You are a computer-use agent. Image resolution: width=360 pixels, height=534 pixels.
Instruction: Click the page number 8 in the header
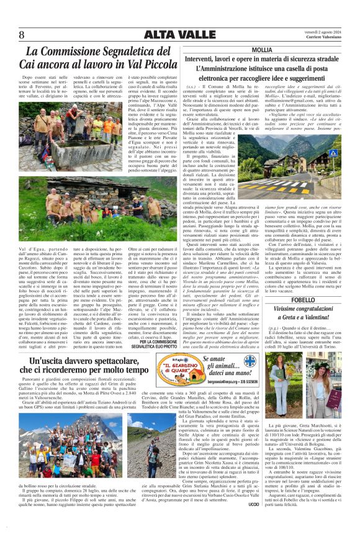pos(22,34)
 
